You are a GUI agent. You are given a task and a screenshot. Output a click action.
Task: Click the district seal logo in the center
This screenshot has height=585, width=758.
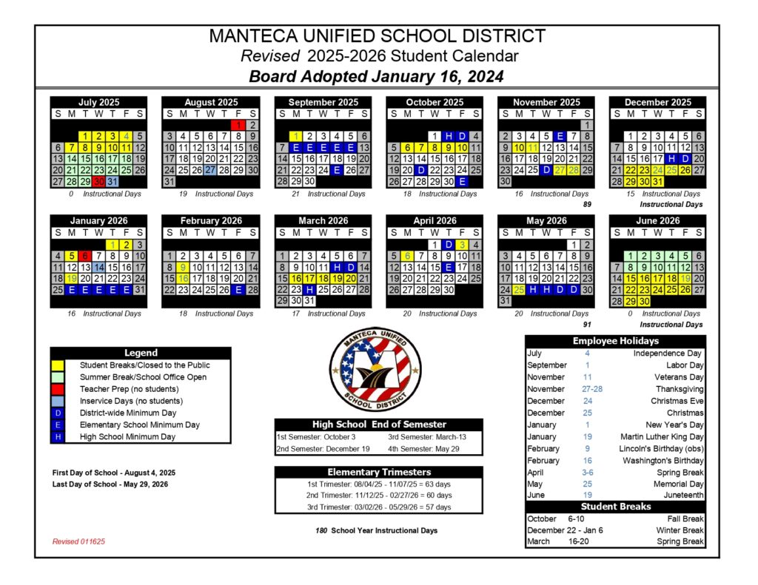(374, 368)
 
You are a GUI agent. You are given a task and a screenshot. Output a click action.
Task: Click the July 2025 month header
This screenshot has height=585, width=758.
(99, 102)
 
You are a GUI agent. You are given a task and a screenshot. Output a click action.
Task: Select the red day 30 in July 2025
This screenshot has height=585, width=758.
(99, 181)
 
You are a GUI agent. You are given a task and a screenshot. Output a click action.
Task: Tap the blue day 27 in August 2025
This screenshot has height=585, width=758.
(211, 169)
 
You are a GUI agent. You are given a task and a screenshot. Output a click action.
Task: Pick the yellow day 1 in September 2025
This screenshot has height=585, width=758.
(296, 136)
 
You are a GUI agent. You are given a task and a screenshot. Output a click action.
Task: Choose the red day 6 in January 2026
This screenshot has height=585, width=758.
(85, 255)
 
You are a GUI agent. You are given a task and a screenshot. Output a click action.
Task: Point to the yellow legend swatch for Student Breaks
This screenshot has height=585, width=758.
(58, 365)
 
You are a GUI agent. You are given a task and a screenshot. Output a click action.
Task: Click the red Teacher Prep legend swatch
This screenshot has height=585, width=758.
(58, 389)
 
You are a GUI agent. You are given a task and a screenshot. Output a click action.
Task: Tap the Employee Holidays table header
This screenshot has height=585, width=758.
(615, 341)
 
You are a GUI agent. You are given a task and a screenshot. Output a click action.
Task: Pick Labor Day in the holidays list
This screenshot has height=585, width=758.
(685, 365)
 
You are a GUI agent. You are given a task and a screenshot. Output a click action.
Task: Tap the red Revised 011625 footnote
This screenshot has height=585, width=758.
(78, 541)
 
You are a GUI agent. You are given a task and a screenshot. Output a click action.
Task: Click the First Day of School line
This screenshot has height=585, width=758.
(114, 472)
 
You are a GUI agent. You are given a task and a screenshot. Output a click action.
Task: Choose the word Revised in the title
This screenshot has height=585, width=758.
(270, 56)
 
